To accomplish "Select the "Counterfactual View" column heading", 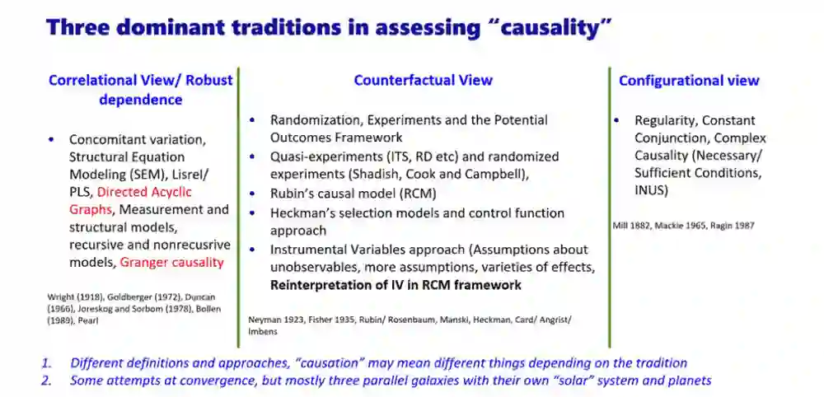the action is pyautogui.click(x=423, y=81).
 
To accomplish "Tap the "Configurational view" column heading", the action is pyautogui.click(x=689, y=81).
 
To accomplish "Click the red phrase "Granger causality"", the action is pyautogui.click(x=172, y=262).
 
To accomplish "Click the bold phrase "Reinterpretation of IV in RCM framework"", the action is pyautogui.click(x=396, y=285).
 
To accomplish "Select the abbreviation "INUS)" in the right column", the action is pyautogui.click(x=651, y=190).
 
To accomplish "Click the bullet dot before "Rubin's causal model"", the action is pyautogui.click(x=253, y=194).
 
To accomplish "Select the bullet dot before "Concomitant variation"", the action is pyautogui.click(x=51, y=140).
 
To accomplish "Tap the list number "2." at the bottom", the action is pyautogui.click(x=48, y=381).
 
